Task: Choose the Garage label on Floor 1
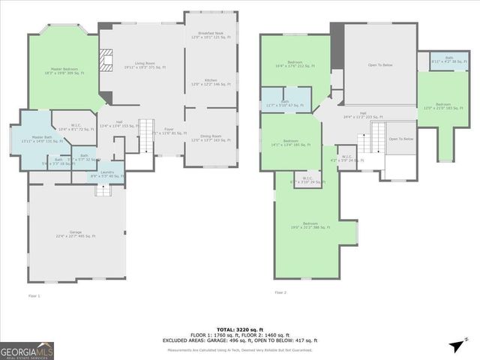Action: pyautogui.click(x=76, y=235)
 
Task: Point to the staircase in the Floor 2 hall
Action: pyautogui.click(x=365, y=142)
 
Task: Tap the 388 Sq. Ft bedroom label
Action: pyautogui.click(x=310, y=225)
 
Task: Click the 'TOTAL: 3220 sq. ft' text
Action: pyautogui.click(x=237, y=329)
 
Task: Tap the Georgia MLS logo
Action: pyautogui.click(x=26, y=349)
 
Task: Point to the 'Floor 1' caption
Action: pyautogui.click(x=34, y=295)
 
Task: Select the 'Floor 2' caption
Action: pyautogui.click(x=280, y=292)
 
